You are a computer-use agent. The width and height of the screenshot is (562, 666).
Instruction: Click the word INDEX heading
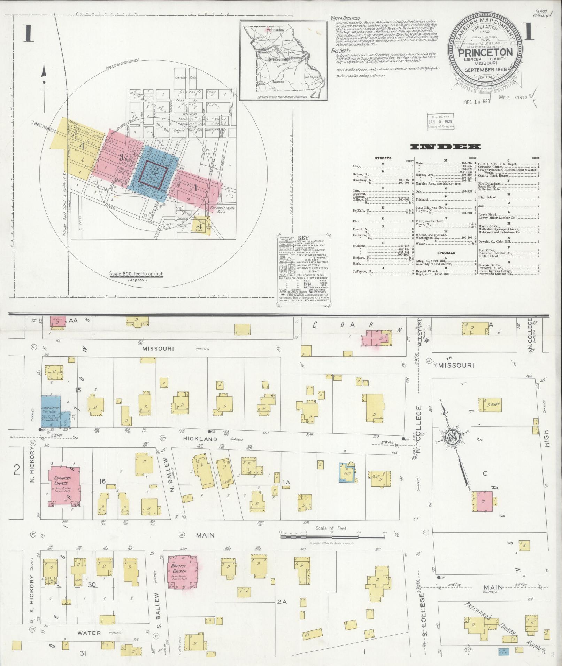pos(446,147)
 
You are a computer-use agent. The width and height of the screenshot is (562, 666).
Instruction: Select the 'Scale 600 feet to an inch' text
pos(136,274)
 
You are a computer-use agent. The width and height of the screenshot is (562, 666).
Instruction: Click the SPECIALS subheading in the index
pos(446,253)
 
